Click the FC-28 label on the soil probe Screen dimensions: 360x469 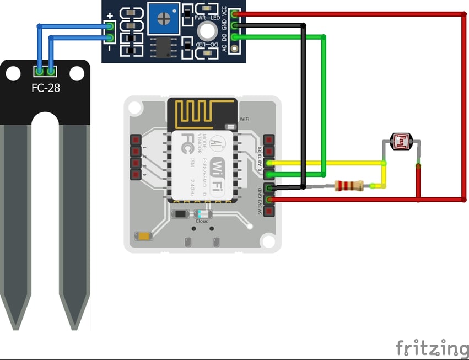pyautogui.click(x=45, y=87)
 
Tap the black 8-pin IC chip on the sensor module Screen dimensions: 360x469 pyautogui.click(x=163, y=48)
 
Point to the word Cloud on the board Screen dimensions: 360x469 pyautogui.click(x=202, y=221)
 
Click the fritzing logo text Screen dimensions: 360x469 pyautogui.click(x=432, y=348)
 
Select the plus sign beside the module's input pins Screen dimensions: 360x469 pyautogui.click(x=110, y=16)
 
